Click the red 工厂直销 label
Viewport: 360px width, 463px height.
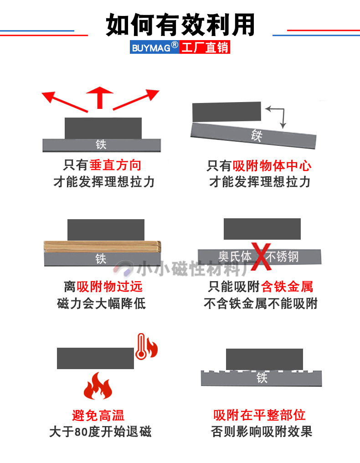tap(205, 47)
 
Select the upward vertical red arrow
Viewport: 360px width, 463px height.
tap(100, 97)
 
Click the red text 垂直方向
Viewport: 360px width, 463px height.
tap(115, 165)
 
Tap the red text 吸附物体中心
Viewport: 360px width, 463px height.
tap(272, 165)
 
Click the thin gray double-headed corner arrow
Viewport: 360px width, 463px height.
tap(278, 115)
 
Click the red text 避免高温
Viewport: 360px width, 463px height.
tap(98, 415)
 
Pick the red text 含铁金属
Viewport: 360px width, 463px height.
tap(287, 286)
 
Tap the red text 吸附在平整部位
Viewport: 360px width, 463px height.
tap(259, 415)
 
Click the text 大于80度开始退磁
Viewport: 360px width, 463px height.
tap(100, 432)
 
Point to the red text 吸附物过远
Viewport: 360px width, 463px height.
tap(109, 286)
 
